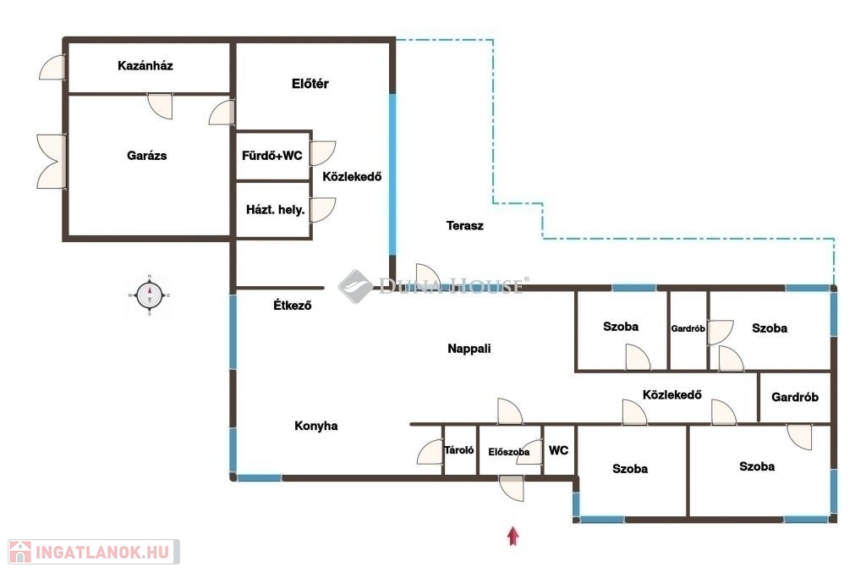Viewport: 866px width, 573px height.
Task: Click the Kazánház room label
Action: pos(145,66)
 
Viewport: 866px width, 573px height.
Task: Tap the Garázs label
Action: pos(147,155)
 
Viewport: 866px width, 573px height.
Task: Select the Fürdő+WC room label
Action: pos(272,155)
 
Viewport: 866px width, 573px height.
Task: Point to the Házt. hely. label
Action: pos(276,209)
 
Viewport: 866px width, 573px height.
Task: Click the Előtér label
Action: pos(310,84)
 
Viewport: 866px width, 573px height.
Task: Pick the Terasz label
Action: pos(465,225)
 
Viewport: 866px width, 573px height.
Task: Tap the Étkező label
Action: pos(293,305)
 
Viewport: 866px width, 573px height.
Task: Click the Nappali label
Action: pos(469,349)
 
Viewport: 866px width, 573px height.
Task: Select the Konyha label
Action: pos(316,426)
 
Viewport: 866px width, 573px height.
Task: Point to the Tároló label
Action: pos(459,450)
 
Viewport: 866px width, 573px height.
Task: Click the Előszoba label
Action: pos(508,452)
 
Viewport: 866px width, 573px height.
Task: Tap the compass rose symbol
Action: pos(150,295)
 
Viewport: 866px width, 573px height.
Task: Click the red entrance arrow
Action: pos(513,536)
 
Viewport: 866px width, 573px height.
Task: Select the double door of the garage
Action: pos(52,162)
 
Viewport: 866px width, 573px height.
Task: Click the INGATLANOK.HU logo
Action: pos(94,552)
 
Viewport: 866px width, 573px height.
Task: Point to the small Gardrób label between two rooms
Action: pos(688,328)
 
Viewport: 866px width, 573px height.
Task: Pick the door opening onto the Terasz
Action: pos(428,275)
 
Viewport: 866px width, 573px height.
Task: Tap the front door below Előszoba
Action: pos(512,488)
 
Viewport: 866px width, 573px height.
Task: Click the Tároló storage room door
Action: pos(430,452)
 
